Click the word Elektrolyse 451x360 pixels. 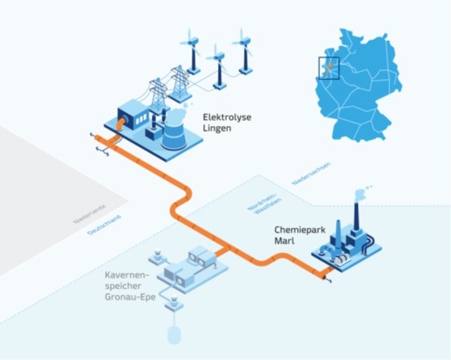227,118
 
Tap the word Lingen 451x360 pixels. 217,128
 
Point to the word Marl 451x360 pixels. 284,241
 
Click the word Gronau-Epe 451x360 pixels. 130,297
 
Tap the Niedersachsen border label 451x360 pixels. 312,174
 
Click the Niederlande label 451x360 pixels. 90,214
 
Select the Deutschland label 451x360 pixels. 104,225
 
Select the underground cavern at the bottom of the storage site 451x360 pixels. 174,335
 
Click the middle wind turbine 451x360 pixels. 219,67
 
